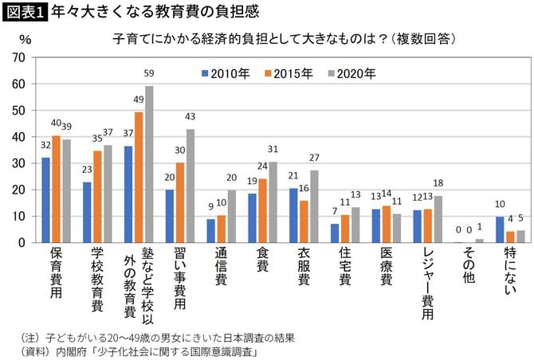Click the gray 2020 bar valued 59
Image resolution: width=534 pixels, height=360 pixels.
pyautogui.click(x=149, y=165)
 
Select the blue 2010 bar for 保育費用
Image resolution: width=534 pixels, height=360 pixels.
pyautogui.click(x=45, y=200)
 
